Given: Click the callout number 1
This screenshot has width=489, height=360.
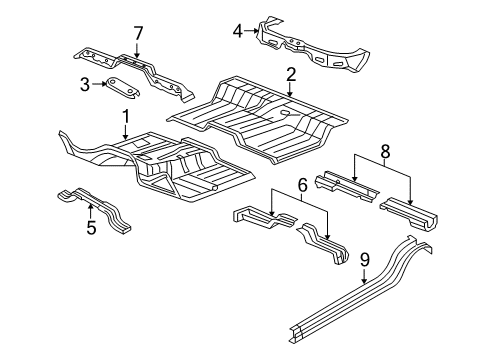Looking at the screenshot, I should (125, 118).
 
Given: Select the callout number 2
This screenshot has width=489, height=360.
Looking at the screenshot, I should (290, 73).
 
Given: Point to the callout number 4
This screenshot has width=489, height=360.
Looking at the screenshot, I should (237, 31).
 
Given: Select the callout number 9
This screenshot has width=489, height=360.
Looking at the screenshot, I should (365, 259).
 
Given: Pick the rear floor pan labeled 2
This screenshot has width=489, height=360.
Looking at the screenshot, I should (270, 115).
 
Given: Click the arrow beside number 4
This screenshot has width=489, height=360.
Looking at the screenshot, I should (251, 31).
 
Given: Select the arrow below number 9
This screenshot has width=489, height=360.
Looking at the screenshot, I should (365, 278).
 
